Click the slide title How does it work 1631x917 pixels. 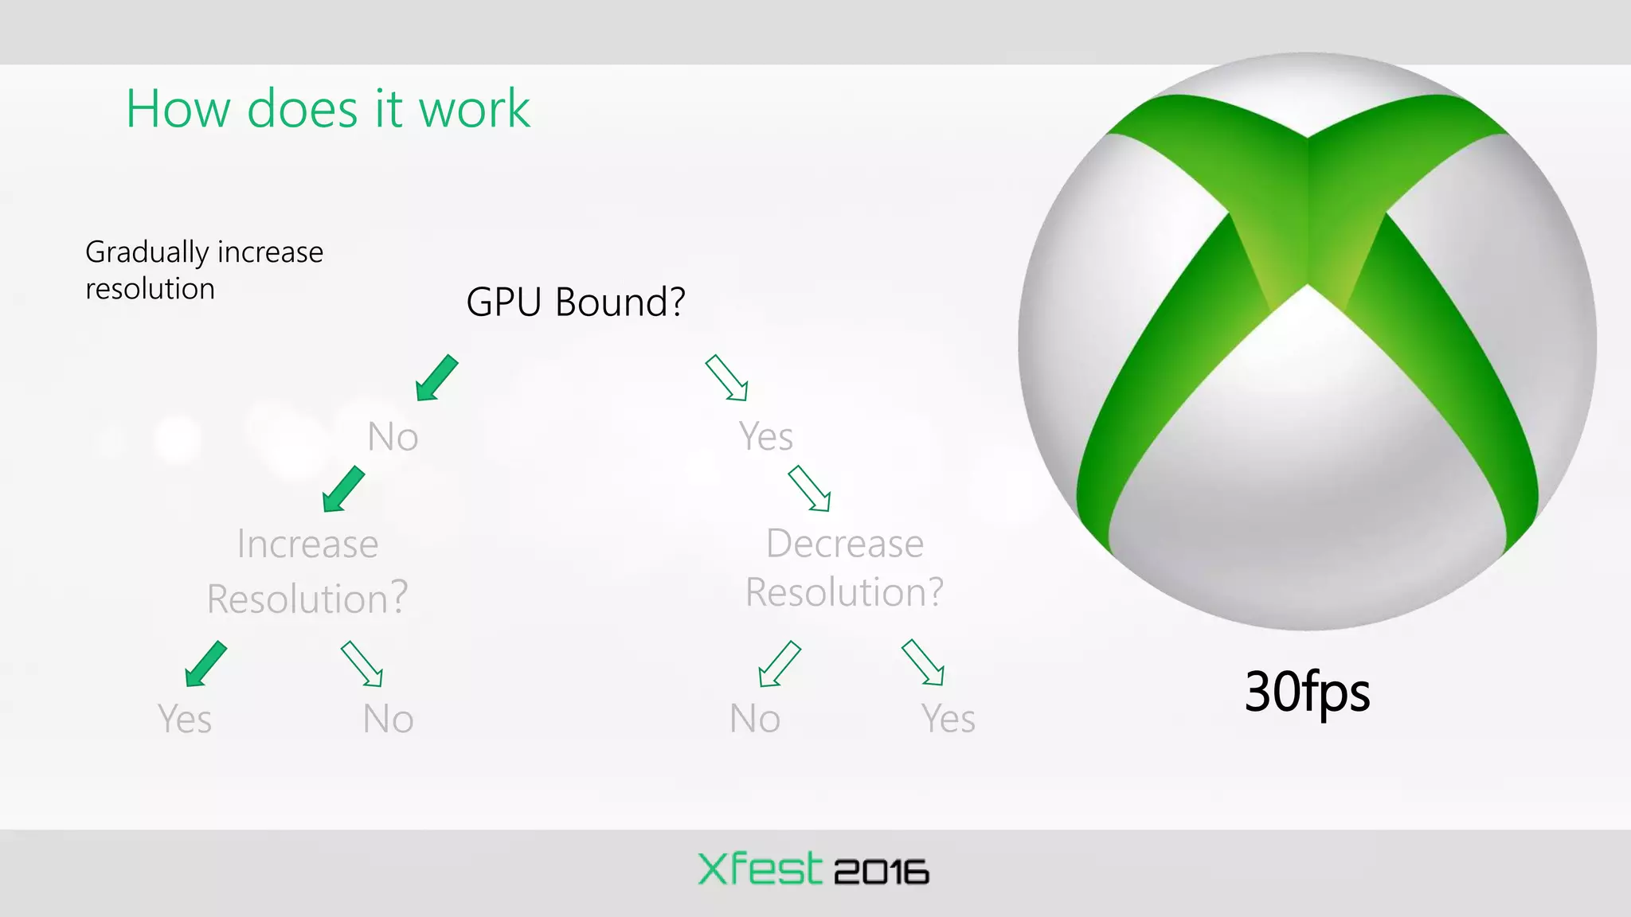coord(327,108)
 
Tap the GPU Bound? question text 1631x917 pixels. coord(575,302)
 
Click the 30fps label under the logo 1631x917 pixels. coord(1307,692)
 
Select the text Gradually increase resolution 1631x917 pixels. coord(204,270)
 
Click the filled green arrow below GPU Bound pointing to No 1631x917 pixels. coord(436,378)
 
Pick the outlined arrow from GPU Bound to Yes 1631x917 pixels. coord(726,378)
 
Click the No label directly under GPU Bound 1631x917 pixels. coord(393,437)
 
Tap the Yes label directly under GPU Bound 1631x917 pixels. coord(765,436)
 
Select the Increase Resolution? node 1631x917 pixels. coord(307,571)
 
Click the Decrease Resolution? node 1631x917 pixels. coord(844,568)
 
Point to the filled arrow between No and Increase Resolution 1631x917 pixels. coord(343,489)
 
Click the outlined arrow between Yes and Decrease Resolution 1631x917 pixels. coord(809,488)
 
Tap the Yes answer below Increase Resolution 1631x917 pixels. coord(185,719)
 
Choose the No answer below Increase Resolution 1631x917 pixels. coord(388,719)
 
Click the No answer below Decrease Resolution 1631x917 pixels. coord(754,719)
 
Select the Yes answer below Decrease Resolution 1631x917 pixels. coord(948,719)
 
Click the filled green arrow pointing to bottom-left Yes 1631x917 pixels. coord(205,664)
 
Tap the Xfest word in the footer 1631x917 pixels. coord(759,869)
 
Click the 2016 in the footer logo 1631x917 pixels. coord(881,872)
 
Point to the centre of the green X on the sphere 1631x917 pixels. coord(1307,239)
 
